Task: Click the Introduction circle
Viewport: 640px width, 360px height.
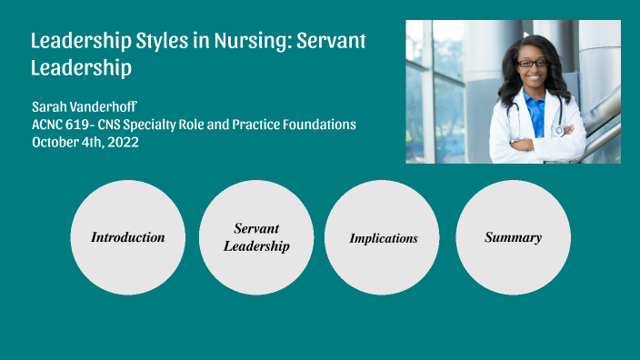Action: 127,237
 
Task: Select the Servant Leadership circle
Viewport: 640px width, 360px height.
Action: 256,237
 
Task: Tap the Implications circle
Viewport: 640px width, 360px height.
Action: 383,237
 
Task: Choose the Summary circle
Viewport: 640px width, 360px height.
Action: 513,237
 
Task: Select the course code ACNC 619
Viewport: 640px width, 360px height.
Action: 60,124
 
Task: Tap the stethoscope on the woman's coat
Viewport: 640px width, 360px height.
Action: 555,127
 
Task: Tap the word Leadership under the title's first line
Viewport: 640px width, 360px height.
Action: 81,67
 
